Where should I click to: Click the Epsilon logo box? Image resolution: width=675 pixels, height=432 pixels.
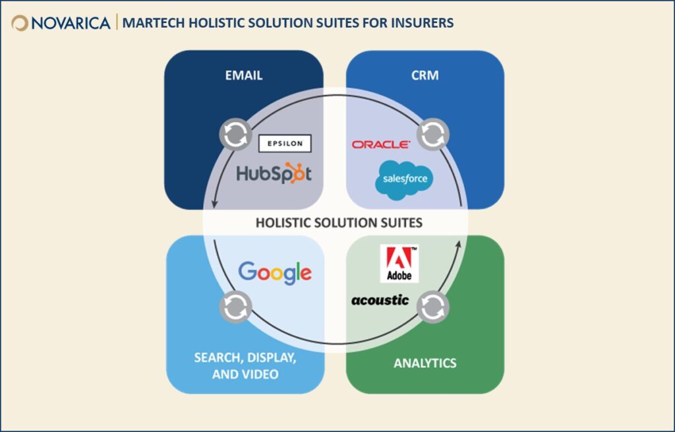click(x=285, y=143)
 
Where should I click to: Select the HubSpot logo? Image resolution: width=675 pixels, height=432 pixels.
click(x=274, y=173)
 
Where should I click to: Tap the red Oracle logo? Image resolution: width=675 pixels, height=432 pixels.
click(x=381, y=144)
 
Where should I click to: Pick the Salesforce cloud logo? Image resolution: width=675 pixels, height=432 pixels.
click(x=404, y=179)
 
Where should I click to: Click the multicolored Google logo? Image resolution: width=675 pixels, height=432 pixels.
click(x=275, y=272)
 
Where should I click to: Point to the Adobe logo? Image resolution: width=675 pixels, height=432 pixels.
click(x=399, y=264)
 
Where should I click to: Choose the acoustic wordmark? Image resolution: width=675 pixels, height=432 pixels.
click(x=380, y=300)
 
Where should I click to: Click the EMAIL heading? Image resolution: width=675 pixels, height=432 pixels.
click(x=244, y=75)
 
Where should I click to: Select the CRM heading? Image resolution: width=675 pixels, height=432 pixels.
click(x=425, y=75)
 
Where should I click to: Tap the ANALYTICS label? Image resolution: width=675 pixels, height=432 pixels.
click(x=425, y=363)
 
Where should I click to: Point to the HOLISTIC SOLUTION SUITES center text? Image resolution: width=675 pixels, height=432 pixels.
click(x=339, y=223)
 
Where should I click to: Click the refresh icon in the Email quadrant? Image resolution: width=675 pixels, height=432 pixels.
click(x=235, y=135)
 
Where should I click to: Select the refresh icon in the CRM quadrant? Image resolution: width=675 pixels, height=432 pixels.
click(x=433, y=135)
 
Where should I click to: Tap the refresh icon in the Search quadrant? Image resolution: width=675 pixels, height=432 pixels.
click(x=235, y=307)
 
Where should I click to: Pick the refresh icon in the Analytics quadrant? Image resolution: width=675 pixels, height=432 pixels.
click(x=433, y=307)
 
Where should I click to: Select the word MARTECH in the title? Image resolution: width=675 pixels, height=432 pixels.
click(x=154, y=23)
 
